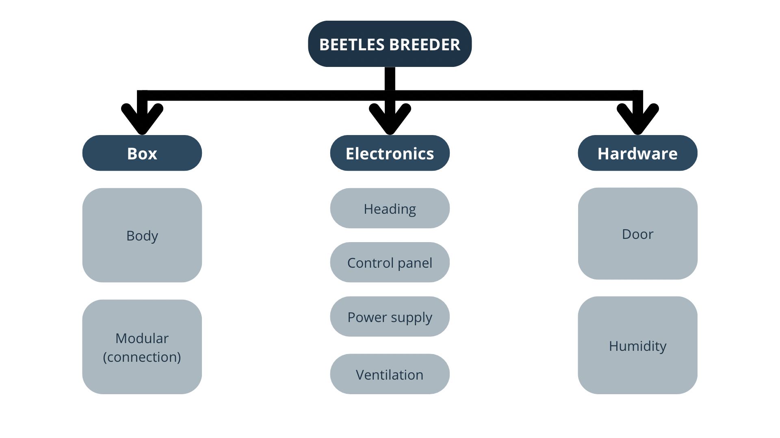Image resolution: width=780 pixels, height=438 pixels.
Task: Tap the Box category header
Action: click(x=142, y=153)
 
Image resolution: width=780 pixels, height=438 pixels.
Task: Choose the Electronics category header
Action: click(x=390, y=153)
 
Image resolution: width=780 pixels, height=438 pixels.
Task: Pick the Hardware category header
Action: click(x=637, y=153)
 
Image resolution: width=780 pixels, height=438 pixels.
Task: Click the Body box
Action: click(x=142, y=235)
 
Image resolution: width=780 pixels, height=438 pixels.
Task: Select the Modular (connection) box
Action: click(x=142, y=347)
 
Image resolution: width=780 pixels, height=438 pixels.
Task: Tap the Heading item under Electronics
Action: click(x=390, y=208)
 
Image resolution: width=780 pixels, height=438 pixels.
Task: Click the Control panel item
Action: click(x=390, y=262)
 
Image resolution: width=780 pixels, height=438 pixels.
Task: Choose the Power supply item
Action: click(x=390, y=317)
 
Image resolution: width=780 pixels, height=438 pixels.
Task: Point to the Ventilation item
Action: click(x=390, y=374)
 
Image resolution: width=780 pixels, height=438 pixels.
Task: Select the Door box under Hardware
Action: click(x=637, y=234)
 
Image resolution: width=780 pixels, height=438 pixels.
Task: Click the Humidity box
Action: click(x=637, y=346)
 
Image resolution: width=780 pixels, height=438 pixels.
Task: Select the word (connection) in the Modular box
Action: click(x=142, y=357)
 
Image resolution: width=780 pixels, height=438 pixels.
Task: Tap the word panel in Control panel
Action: click(x=415, y=263)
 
